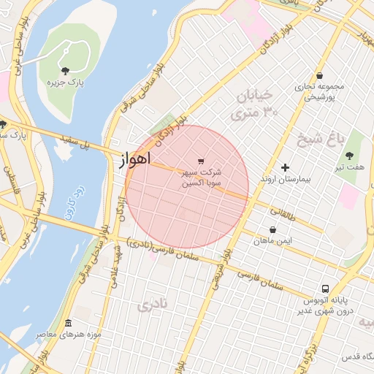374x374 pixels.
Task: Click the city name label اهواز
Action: tap(134, 159)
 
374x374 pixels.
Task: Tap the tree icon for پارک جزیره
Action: tap(66, 71)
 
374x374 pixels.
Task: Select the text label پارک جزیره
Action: tap(66, 83)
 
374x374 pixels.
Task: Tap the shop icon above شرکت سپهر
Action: tap(201, 161)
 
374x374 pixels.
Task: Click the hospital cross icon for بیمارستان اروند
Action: tap(285, 167)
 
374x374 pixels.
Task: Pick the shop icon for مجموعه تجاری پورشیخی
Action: tap(319, 75)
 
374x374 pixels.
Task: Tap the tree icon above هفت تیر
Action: tap(349, 155)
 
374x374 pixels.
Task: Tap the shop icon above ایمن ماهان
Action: tap(272, 229)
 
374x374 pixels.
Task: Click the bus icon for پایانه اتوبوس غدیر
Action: tap(325, 288)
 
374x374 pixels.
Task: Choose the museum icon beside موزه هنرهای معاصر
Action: tap(68, 324)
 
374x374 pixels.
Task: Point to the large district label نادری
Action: tap(153, 303)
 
